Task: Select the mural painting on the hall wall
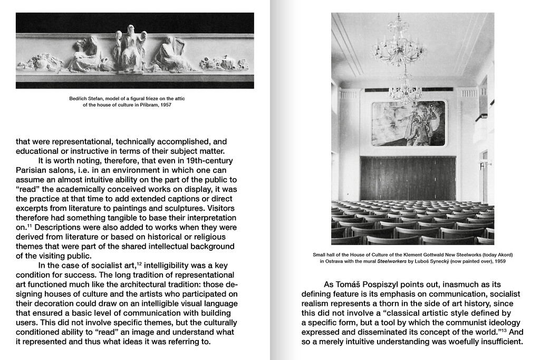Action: tap(408, 123)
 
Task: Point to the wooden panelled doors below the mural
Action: tap(408, 178)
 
